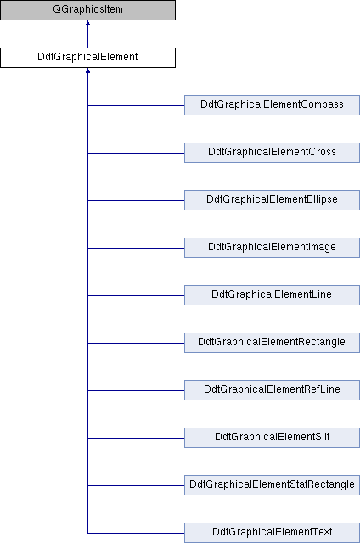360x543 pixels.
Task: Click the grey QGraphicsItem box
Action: click(87, 10)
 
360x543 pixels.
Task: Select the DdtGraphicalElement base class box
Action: click(87, 58)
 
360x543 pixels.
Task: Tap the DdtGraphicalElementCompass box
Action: click(272, 105)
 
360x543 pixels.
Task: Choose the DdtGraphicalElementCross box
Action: click(272, 153)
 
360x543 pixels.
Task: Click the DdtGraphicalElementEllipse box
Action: click(272, 200)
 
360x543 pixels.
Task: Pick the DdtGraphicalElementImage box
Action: click(272, 248)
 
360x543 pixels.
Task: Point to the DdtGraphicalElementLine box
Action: click(272, 295)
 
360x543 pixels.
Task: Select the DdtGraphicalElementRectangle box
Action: click(272, 343)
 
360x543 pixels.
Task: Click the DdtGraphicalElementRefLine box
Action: click(272, 390)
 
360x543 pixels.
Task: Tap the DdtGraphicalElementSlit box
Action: click(272, 438)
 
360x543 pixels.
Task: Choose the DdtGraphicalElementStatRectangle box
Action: click(272, 485)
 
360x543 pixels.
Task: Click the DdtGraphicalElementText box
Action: click(272, 533)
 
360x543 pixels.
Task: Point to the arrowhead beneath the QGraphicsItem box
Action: click(87, 23)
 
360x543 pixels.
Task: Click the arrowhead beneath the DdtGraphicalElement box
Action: click(87, 70)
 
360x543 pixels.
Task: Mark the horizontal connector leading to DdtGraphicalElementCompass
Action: click(136, 105)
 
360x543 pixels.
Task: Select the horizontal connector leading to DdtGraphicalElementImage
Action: click(136, 248)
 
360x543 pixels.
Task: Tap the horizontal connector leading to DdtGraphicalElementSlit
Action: click(136, 438)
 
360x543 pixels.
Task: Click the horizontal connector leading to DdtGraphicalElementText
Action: click(136, 533)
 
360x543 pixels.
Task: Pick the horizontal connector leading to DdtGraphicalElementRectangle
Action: click(136, 343)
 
